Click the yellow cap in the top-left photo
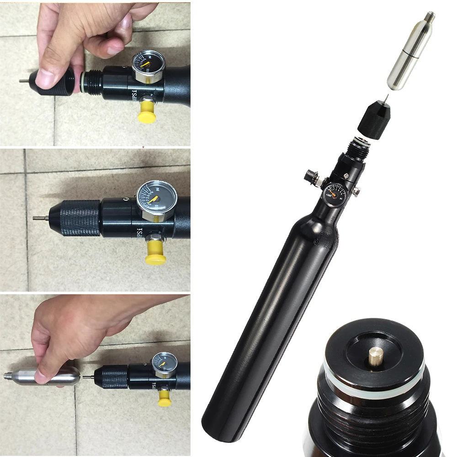coord(148,111)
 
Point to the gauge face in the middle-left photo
coord(152,200)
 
